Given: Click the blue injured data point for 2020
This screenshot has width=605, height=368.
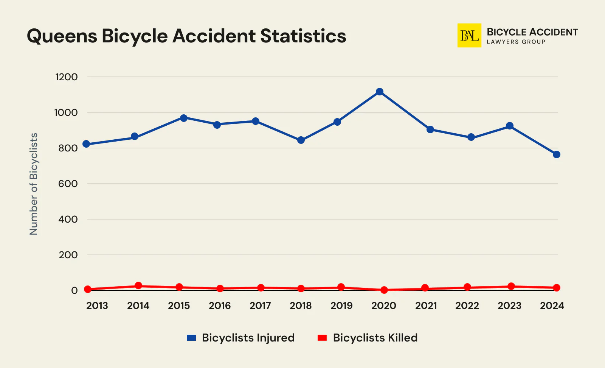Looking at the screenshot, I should (x=380, y=92).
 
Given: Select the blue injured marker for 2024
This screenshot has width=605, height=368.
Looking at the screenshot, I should (x=556, y=154).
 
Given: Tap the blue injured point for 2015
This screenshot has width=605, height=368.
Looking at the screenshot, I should (x=184, y=118).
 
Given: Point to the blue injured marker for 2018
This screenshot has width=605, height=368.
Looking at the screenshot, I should (x=301, y=140).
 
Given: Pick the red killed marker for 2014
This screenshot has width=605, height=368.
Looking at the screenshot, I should (x=138, y=285).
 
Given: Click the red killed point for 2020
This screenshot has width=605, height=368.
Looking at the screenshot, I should (x=384, y=290).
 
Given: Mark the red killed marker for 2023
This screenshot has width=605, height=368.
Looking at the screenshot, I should (x=511, y=286).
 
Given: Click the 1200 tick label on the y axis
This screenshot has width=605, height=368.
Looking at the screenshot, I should (x=66, y=77).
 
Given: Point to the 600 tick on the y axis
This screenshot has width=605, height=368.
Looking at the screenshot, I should (x=68, y=184).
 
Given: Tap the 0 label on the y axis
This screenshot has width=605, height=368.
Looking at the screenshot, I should (x=74, y=290).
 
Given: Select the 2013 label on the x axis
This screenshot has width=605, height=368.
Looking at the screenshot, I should (x=97, y=306).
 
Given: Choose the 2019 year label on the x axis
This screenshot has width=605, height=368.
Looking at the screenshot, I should (x=341, y=306).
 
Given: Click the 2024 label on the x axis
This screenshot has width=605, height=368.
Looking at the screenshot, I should (x=552, y=306).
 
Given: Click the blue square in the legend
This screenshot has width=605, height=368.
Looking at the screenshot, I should (x=191, y=338).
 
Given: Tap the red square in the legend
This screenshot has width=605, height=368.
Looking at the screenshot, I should (x=322, y=338).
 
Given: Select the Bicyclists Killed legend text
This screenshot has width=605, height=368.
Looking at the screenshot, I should (x=375, y=338).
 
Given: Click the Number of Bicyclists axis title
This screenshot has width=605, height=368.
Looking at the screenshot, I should (x=34, y=184).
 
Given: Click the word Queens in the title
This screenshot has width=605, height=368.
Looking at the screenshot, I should (x=62, y=36).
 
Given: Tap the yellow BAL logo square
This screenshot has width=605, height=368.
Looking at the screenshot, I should (x=469, y=36).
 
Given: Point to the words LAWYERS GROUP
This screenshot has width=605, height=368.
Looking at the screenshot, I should (x=516, y=42).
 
